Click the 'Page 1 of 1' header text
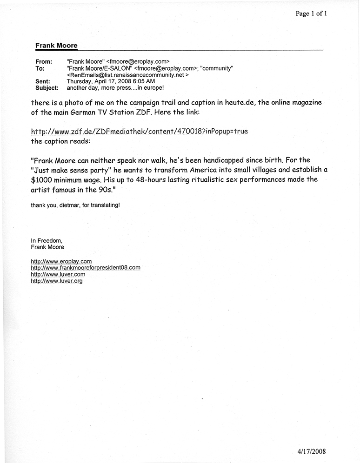coord(311,14)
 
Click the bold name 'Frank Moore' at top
coord(56,46)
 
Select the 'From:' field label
coord(44,61)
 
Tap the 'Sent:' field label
coord(43,81)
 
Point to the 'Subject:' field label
coord(47,87)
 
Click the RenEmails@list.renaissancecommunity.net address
coord(127,74)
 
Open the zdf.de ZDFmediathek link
coord(139,132)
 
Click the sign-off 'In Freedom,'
coord(47,240)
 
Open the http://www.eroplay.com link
coord(61,261)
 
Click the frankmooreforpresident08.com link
coord(85,268)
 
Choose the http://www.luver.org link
coord(56,281)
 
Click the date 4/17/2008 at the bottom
coord(313,451)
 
